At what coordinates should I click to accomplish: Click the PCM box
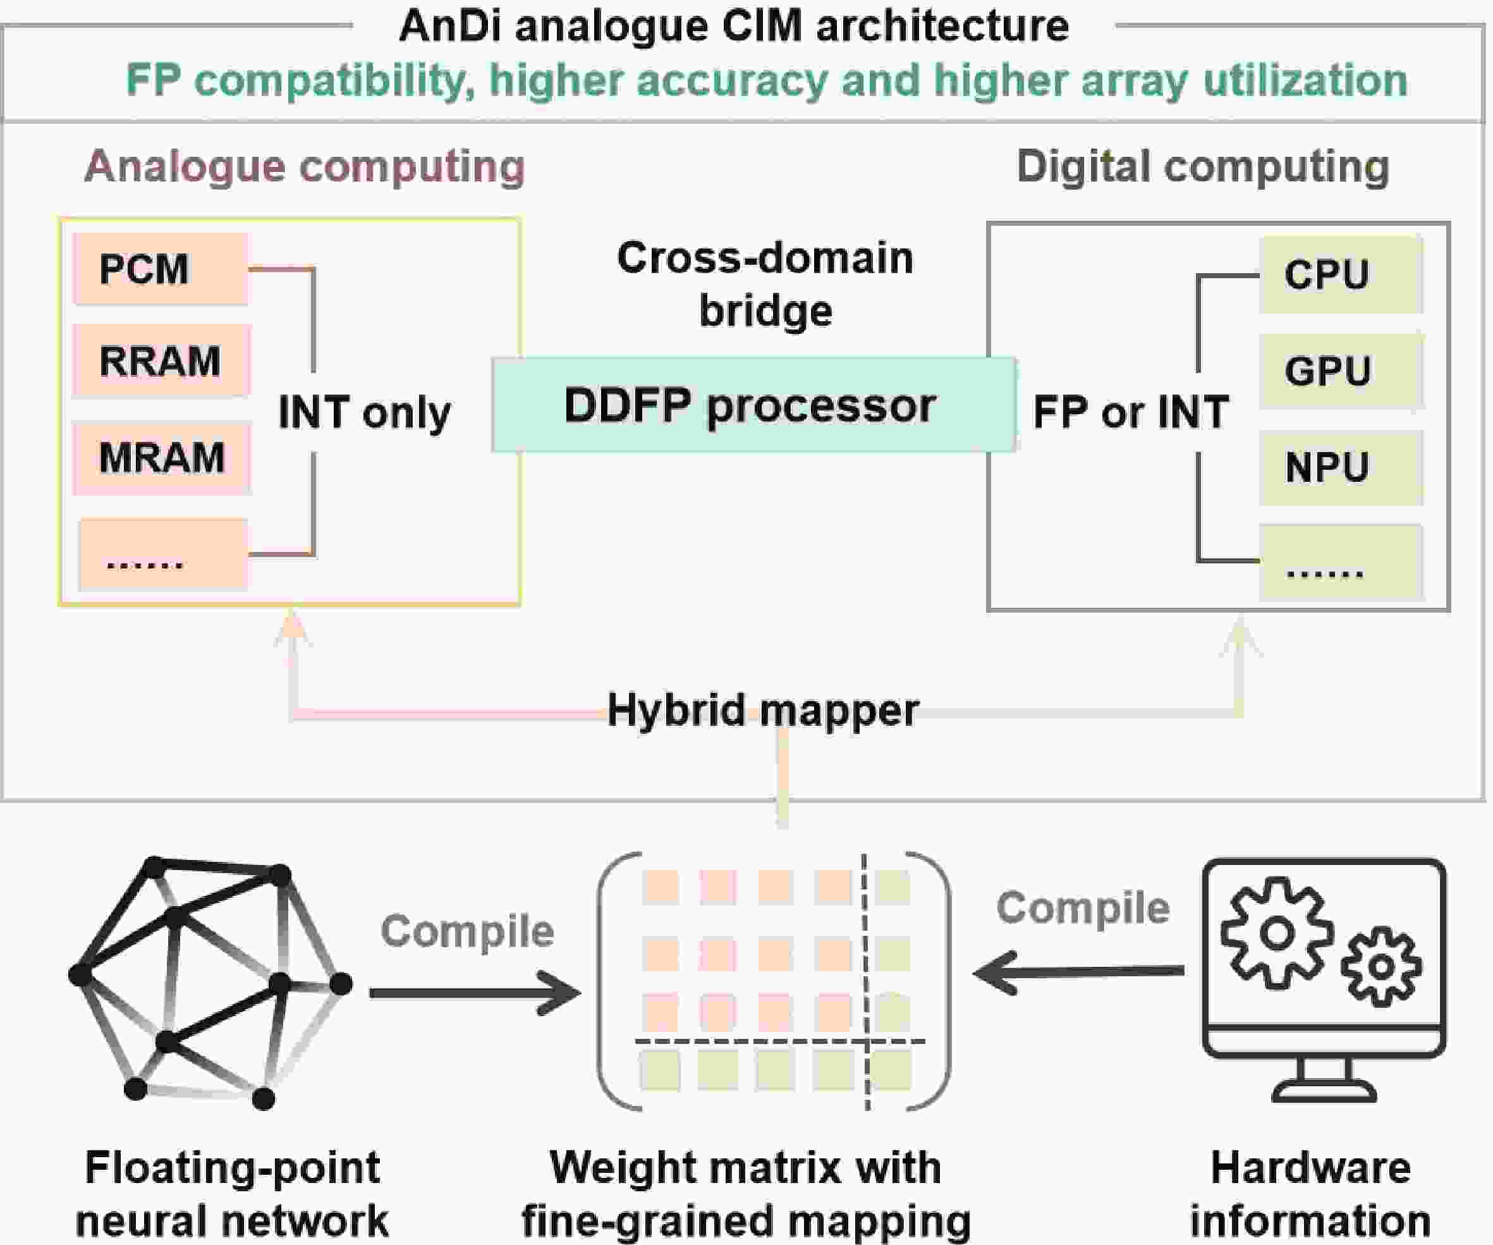[x=161, y=269]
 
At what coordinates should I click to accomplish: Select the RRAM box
[x=161, y=361]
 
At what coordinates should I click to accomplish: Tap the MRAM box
[x=162, y=457]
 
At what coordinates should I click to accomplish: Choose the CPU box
[x=1341, y=274]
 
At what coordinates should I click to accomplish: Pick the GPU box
[x=1341, y=371]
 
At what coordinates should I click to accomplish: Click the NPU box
[x=1341, y=468]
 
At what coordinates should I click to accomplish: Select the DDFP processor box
[x=753, y=405]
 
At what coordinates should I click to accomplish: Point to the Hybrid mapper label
[x=763, y=709]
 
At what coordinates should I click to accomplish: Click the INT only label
[x=364, y=412]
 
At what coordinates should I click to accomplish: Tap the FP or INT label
[x=1130, y=412]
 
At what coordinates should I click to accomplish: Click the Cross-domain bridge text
[x=765, y=285]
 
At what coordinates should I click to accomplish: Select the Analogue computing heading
[x=304, y=166]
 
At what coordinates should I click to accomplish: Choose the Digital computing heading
[x=1203, y=166]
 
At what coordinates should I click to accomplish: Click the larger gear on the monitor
[x=1277, y=933]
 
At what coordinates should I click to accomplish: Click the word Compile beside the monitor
[x=1083, y=908]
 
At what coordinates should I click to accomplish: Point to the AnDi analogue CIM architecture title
[x=734, y=27]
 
